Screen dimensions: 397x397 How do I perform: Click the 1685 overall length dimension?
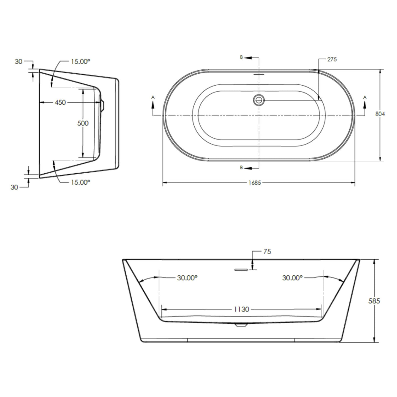(255, 183)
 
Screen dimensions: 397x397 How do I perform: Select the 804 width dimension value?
(380, 114)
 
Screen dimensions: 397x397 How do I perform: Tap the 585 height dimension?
(374, 301)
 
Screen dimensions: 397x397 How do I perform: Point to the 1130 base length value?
(241, 309)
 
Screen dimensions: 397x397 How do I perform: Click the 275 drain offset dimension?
(332, 59)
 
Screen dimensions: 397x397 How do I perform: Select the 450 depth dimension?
(60, 102)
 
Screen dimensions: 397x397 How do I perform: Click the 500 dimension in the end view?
(83, 123)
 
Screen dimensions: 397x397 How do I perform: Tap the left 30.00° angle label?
(187, 278)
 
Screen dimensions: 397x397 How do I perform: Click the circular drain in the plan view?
(259, 100)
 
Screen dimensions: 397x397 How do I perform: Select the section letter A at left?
(153, 98)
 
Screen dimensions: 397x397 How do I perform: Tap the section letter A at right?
(365, 97)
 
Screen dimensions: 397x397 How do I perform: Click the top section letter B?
(241, 57)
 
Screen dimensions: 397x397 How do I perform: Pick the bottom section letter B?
(241, 168)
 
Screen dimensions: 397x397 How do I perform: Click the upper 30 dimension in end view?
(19, 61)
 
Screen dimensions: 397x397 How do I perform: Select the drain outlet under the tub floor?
(241, 325)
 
